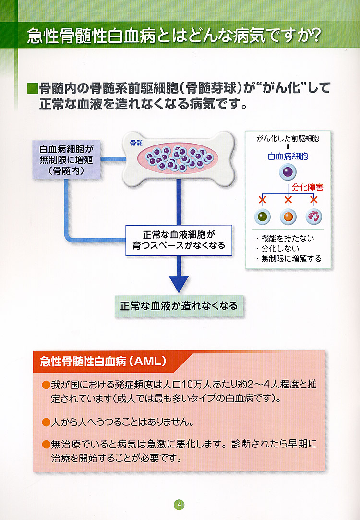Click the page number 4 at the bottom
[x=179, y=505]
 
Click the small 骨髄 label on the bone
[x=136, y=143]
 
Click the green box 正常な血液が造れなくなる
[x=179, y=306]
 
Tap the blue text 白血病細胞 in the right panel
[x=288, y=156]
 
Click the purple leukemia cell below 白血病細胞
[x=288, y=172]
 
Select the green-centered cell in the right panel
[x=262, y=217]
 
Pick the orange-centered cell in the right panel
[x=288, y=217]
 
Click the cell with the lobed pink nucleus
[x=314, y=216]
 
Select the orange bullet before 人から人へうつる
[x=46, y=423]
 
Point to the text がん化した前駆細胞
[x=288, y=138]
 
